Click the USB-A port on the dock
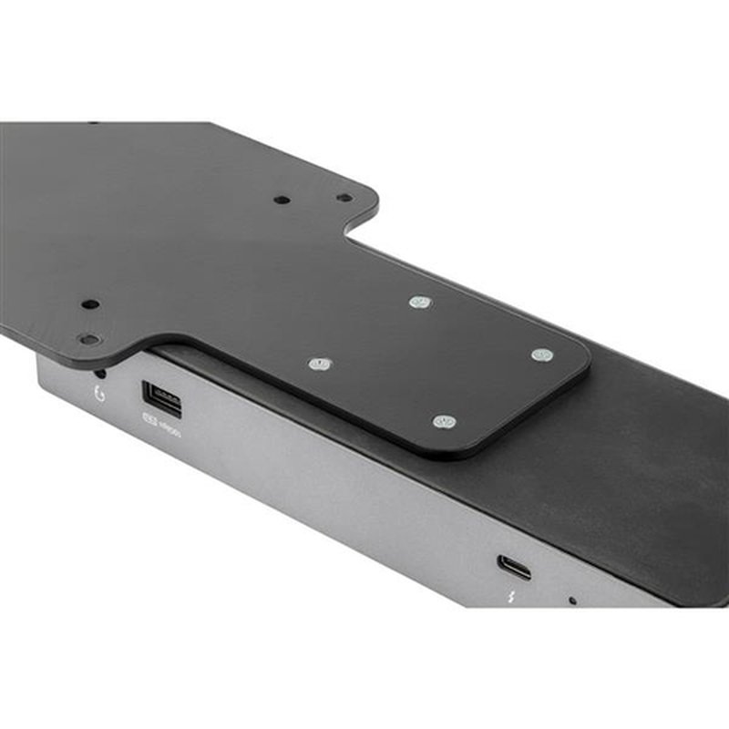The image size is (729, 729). point(161,399)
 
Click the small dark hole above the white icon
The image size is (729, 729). point(99,374)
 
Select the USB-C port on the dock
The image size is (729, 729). point(514,567)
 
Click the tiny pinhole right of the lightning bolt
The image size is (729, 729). point(571,601)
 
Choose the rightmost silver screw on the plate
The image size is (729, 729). point(541,354)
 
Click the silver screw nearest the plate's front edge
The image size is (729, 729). point(444,421)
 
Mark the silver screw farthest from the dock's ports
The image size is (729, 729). point(419,301)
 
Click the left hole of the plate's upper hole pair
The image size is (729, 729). point(282,199)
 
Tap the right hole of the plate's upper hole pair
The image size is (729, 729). point(343,197)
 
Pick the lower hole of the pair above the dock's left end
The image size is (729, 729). point(89,339)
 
